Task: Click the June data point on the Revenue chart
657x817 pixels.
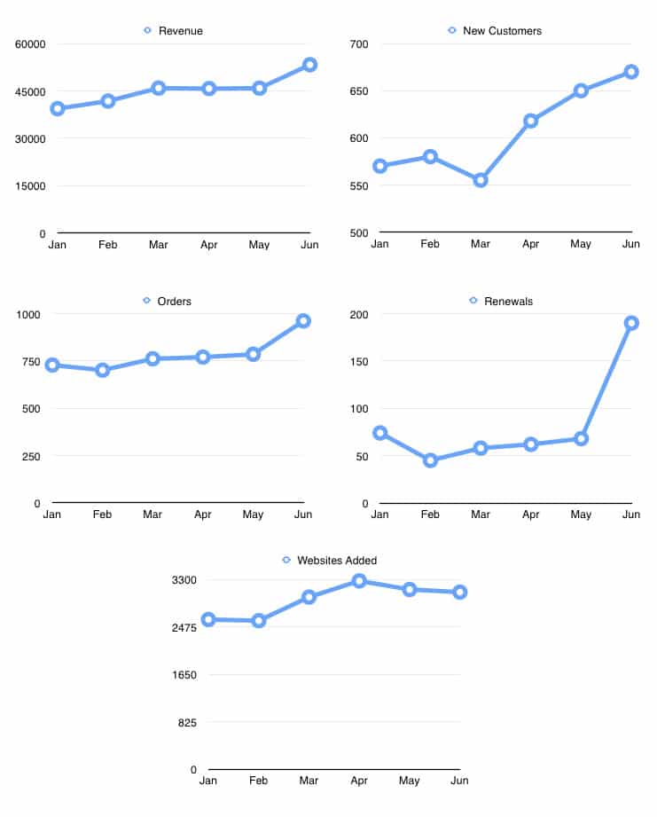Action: (x=309, y=65)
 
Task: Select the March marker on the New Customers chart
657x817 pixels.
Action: (x=481, y=180)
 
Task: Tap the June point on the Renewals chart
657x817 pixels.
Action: (x=631, y=323)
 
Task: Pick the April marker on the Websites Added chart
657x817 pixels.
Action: (x=359, y=581)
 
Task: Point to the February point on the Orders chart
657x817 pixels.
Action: (x=103, y=370)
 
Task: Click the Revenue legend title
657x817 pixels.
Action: (x=180, y=31)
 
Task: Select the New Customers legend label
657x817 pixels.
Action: (x=502, y=31)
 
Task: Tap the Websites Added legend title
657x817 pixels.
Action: (x=336, y=561)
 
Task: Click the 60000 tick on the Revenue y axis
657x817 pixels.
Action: (x=30, y=43)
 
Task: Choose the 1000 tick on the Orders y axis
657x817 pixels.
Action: (x=27, y=314)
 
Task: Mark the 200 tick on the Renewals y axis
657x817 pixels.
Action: (x=358, y=314)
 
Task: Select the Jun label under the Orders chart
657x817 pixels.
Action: (x=303, y=515)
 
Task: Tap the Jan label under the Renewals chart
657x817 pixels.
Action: (x=379, y=515)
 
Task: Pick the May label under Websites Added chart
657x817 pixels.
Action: (x=410, y=782)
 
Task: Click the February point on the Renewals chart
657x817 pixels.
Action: (x=431, y=460)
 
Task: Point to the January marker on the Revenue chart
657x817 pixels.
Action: (x=58, y=108)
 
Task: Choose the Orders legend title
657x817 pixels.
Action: (x=174, y=302)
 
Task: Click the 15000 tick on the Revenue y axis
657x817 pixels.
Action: (x=30, y=186)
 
